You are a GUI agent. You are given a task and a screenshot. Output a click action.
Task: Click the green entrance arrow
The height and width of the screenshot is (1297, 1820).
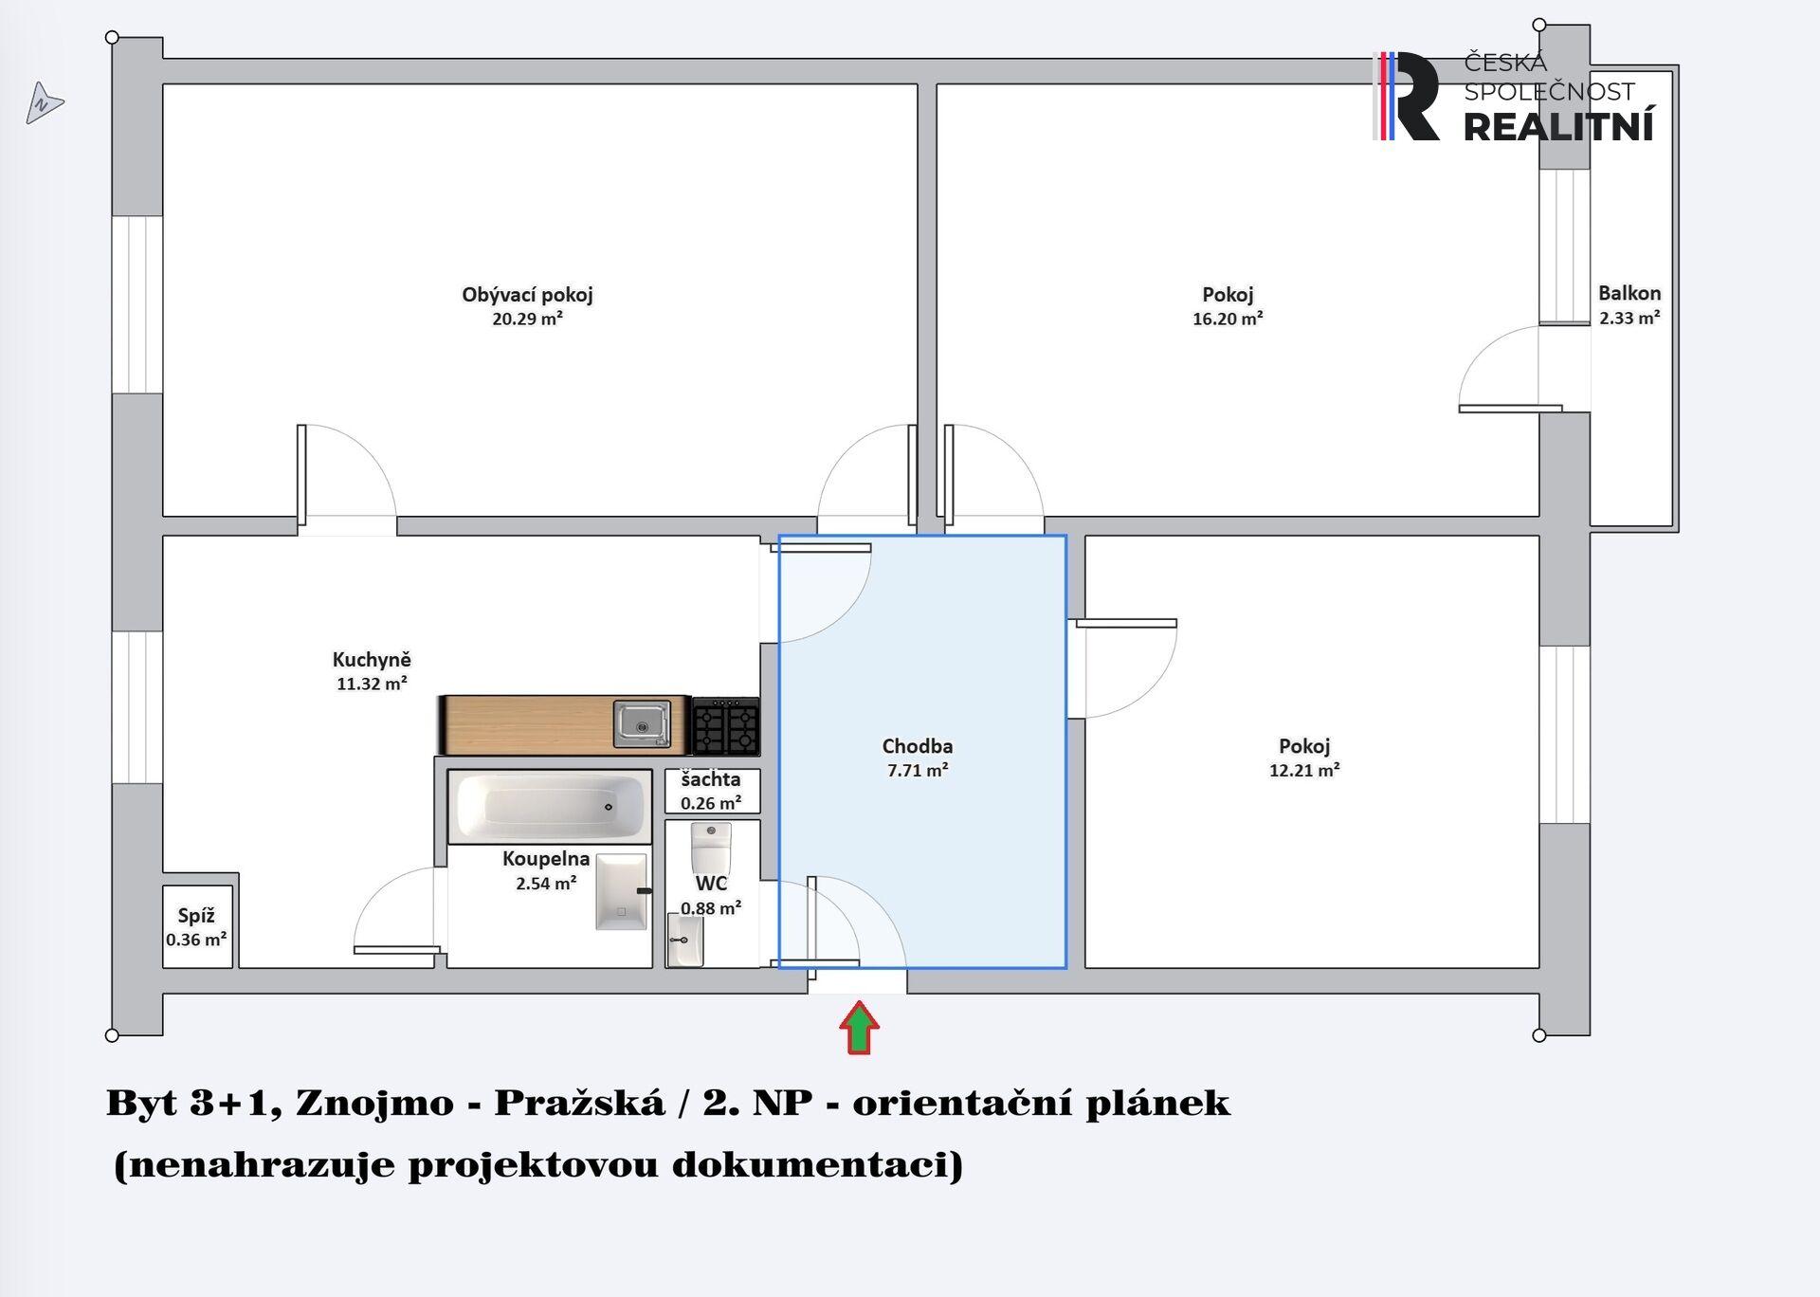coord(859,1028)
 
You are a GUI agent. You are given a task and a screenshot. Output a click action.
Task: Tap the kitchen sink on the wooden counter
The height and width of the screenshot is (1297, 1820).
coord(642,724)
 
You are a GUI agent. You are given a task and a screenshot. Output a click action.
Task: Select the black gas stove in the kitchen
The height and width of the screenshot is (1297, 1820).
coord(726,726)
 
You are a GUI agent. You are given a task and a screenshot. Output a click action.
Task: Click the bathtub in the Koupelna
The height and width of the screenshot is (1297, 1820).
coord(550,806)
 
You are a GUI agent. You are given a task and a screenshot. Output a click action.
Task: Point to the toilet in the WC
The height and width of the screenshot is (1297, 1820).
coord(711,848)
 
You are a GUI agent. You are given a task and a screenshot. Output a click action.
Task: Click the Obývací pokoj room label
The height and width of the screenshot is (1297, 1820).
coord(527,295)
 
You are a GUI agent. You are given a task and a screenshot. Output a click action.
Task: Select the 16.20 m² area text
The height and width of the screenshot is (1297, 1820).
coord(1228,319)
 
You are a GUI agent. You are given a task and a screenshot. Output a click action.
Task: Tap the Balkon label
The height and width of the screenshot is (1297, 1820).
coord(1629,293)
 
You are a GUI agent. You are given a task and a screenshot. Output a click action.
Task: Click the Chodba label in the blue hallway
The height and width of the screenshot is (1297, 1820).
coord(918,746)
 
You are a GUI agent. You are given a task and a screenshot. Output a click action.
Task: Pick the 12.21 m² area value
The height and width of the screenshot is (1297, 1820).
coord(1304,770)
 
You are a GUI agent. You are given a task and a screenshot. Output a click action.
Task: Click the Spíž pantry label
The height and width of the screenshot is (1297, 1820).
coord(196,916)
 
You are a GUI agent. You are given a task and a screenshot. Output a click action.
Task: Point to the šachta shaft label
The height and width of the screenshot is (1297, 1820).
coord(711,779)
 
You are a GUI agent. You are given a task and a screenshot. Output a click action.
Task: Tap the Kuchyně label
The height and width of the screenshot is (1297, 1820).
coord(372,660)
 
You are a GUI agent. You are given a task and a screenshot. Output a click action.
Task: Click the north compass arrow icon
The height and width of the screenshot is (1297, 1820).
coord(44,103)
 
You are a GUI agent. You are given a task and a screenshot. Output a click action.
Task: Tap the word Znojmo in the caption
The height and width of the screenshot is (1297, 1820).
coord(374,1103)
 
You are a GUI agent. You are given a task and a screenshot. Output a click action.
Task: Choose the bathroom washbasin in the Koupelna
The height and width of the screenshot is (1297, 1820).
coord(622,892)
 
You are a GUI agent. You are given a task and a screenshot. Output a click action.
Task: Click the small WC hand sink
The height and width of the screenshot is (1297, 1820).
coord(685,940)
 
